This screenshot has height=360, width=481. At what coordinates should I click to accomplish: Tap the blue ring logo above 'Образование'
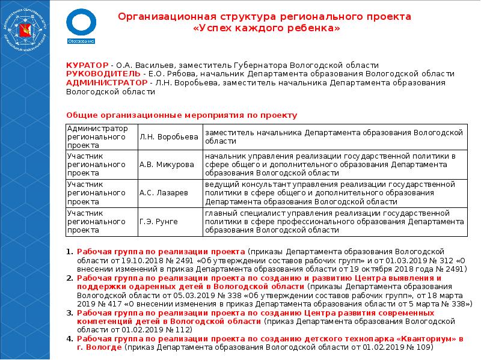click(x=80, y=22)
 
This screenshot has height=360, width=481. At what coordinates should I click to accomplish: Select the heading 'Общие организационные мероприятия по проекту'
click(x=181, y=115)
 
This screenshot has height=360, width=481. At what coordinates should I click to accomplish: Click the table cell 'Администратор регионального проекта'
click(x=100, y=137)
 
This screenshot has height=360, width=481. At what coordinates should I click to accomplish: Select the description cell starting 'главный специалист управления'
click(x=334, y=222)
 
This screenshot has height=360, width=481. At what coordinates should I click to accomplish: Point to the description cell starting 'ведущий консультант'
click(x=334, y=193)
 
